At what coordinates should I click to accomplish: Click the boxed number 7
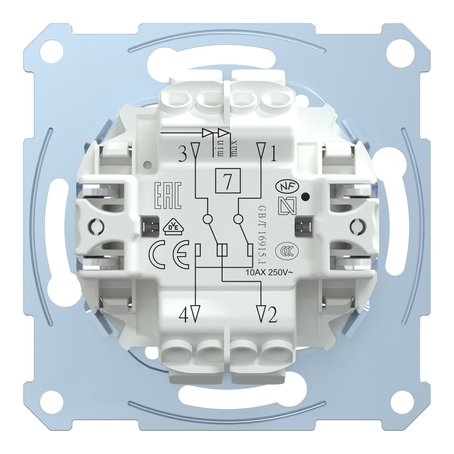[227, 181]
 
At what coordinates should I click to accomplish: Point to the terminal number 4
[183, 316]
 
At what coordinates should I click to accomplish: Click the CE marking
[169, 254]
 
